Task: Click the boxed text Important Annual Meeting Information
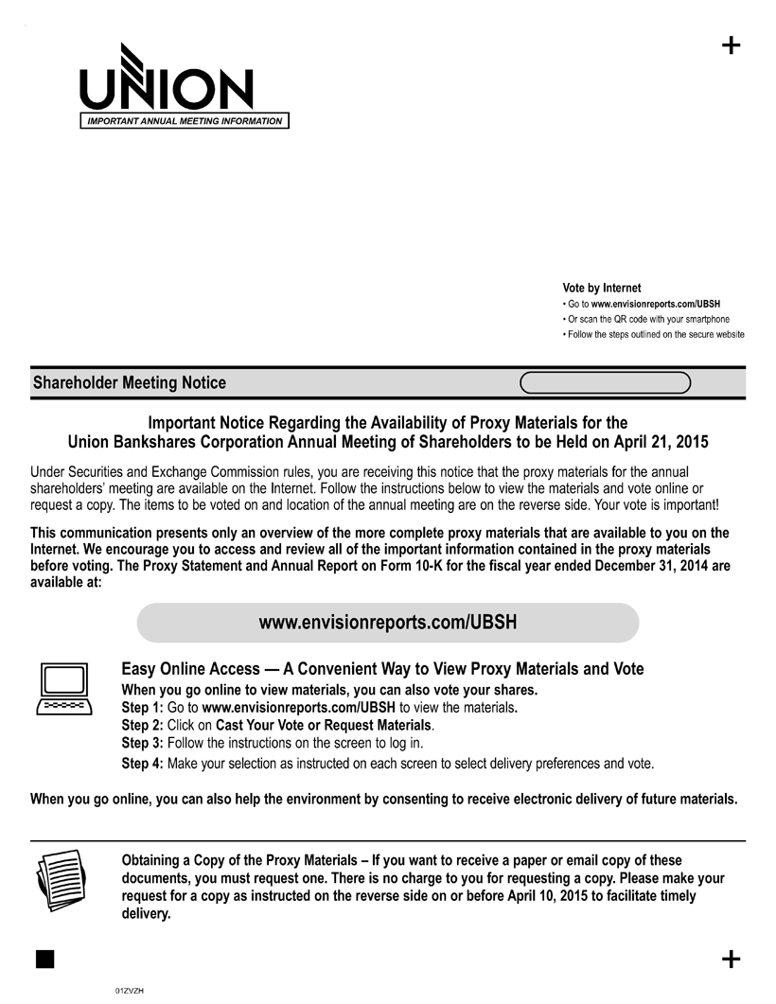(x=185, y=121)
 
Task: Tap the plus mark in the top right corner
(x=731, y=45)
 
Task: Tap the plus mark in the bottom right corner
(x=731, y=960)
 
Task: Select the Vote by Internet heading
(x=601, y=288)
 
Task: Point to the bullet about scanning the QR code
(x=647, y=319)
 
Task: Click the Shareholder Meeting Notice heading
(x=130, y=383)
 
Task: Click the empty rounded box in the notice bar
(x=606, y=382)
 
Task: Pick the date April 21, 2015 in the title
(x=654, y=442)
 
